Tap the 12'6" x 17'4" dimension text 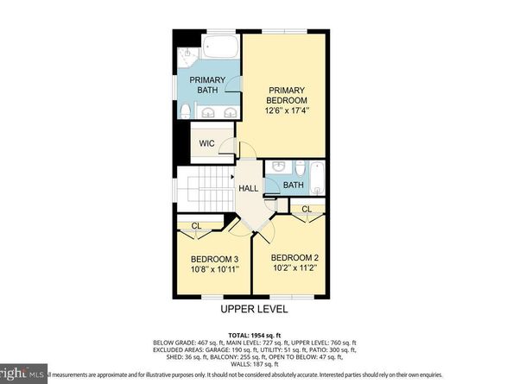pyautogui.click(x=284, y=110)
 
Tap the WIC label pyautogui.click(x=206, y=143)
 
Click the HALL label pyautogui.click(x=249, y=187)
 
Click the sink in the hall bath pyautogui.click(x=278, y=167)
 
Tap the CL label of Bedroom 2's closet pyautogui.click(x=307, y=209)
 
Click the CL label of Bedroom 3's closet pyautogui.click(x=197, y=227)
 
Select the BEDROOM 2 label pyautogui.click(x=294, y=258)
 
